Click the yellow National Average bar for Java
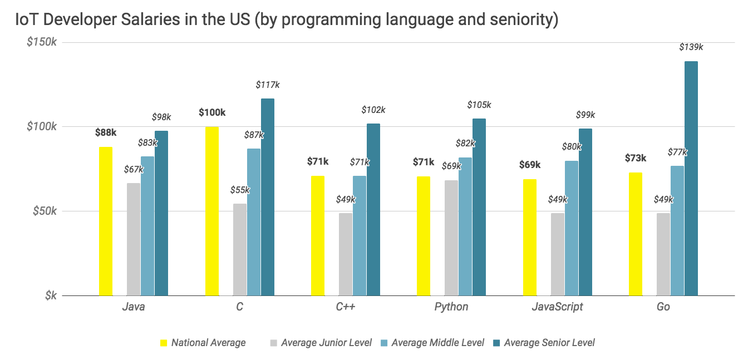pyautogui.click(x=106, y=221)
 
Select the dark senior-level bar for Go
pyautogui.click(x=691, y=178)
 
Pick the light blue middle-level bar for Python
pyautogui.click(x=465, y=226)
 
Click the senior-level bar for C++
pyautogui.click(x=373, y=209)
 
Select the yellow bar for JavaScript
pyautogui.click(x=530, y=237)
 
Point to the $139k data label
pyautogui.click(x=691, y=47)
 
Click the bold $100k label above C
pyautogui.click(x=212, y=112)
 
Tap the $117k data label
pyautogui.click(x=268, y=85)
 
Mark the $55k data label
pyautogui.click(x=240, y=190)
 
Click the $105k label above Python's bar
pyautogui.click(x=479, y=105)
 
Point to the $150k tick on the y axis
pyautogui.click(x=42, y=42)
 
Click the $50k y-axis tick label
pyautogui.click(x=44, y=211)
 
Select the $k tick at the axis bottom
pyautogui.click(x=51, y=295)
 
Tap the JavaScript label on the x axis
pyautogui.click(x=557, y=307)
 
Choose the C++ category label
pyautogui.click(x=345, y=307)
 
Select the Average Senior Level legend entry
pyautogui.click(x=549, y=343)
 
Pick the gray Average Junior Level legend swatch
pyautogui.click(x=273, y=343)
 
